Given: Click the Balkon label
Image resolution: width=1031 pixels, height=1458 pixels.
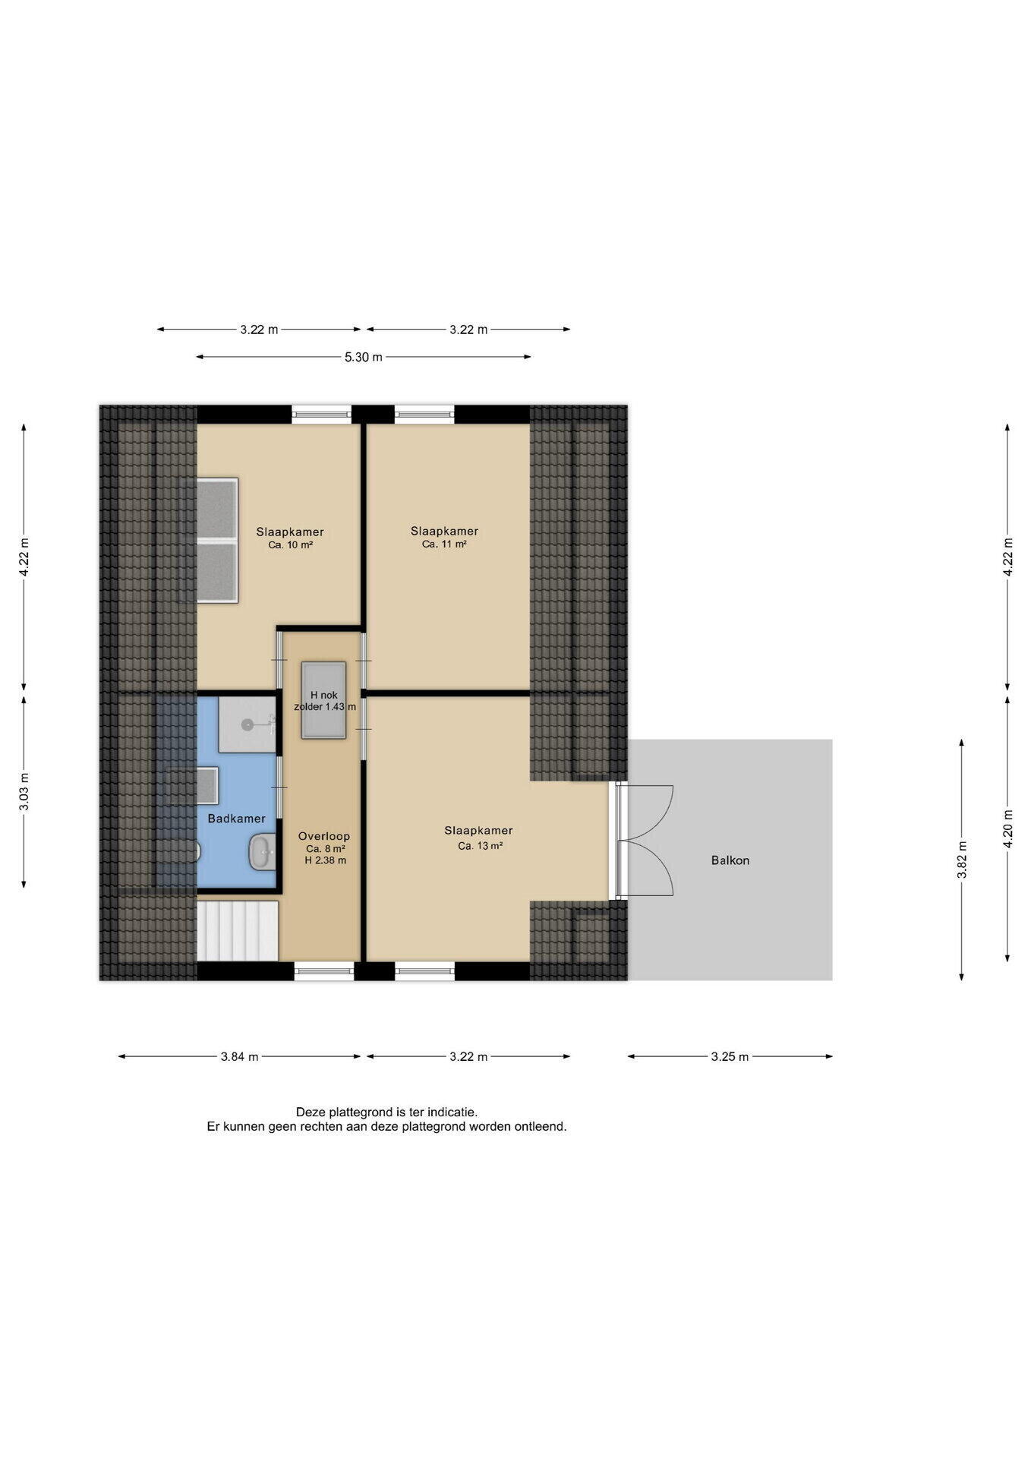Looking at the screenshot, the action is pyautogui.click(x=730, y=860).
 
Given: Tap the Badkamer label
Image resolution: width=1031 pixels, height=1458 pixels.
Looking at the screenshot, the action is pyautogui.click(x=237, y=819).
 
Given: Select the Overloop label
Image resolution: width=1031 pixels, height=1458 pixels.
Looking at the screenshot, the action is pyautogui.click(x=324, y=836).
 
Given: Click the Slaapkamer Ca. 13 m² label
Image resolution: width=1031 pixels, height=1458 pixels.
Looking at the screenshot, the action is pyautogui.click(x=478, y=838).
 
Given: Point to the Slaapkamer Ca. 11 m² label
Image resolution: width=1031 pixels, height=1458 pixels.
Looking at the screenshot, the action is pyautogui.click(x=444, y=537).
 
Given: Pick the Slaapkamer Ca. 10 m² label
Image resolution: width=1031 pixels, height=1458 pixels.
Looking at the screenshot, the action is pyautogui.click(x=290, y=538).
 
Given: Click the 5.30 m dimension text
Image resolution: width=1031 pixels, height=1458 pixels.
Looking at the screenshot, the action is pyautogui.click(x=364, y=357).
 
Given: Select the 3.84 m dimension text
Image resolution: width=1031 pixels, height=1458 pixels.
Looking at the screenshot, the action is pyautogui.click(x=239, y=1056).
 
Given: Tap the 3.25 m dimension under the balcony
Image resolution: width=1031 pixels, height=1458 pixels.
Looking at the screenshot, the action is pyautogui.click(x=730, y=1056).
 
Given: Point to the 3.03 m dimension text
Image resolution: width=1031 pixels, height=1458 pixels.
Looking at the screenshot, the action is pyautogui.click(x=24, y=792).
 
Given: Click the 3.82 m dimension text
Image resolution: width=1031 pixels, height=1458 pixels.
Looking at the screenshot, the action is pyautogui.click(x=962, y=860).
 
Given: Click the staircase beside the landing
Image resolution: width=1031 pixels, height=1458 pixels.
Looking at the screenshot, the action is pyautogui.click(x=238, y=930).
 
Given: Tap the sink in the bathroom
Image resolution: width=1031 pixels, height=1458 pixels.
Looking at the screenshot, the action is pyautogui.click(x=261, y=852).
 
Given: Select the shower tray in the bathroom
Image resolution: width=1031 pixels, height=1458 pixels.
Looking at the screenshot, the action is pyautogui.click(x=247, y=724).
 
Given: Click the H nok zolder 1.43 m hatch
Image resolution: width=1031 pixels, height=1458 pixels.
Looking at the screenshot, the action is pyautogui.click(x=324, y=700).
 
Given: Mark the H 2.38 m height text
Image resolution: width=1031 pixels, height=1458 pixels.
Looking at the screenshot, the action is pyautogui.click(x=325, y=860).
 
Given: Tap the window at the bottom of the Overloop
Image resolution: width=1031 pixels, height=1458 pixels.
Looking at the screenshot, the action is pyautogui.click(x=324, y=970).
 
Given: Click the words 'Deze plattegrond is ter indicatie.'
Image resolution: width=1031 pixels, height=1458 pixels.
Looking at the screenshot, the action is pyautogui.click(x=386, y=1112).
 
